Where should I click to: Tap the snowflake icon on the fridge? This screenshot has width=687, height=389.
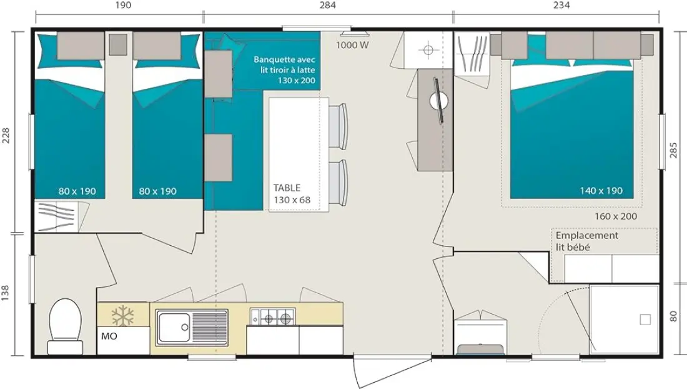coord(122,315)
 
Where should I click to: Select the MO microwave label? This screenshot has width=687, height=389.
coord(109,336)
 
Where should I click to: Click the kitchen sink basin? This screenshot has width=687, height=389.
coord(174,327)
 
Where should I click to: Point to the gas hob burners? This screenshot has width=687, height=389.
coord(272,316)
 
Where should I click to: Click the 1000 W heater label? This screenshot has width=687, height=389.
coord(353,45)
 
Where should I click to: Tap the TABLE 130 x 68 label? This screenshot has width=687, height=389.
coord(292,194)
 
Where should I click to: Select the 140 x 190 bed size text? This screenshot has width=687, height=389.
coord(601,191)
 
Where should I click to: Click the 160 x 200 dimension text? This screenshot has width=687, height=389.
coord(616,216)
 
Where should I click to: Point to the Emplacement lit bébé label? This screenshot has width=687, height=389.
coord(587,241)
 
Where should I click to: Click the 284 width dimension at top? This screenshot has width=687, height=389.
coord(328,5)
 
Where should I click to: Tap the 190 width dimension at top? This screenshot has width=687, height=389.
coord(123,5)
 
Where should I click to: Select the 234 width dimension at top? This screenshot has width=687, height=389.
coord(561,5)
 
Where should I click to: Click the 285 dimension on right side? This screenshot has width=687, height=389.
coord(674,150)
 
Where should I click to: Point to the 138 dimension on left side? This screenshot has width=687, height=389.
coord(5,293)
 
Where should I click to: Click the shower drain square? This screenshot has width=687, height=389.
coord(645,320)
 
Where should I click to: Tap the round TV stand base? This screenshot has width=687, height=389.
coord(439,101)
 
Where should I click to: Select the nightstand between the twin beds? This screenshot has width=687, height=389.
coord(118,44)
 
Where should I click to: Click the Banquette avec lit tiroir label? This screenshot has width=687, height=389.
coord(284,70)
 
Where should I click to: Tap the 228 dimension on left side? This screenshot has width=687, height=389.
coord(5,135)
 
